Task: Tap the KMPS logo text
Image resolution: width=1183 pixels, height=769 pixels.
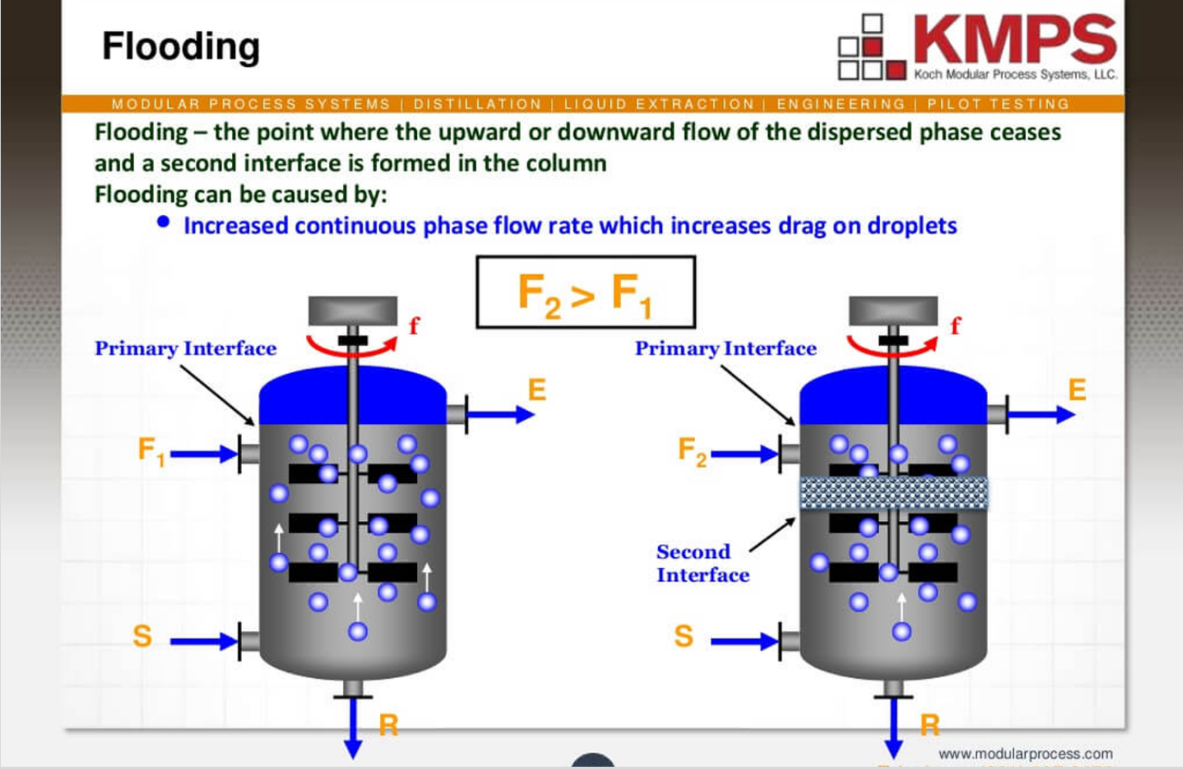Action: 1015,39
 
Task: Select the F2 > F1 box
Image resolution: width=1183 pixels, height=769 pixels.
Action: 586,292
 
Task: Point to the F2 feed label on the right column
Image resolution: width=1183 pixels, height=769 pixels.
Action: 692,452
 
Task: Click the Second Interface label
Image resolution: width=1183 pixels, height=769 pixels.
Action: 702,563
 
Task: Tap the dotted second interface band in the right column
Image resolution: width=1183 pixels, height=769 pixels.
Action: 893,493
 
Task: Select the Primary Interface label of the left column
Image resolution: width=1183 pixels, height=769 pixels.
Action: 186,348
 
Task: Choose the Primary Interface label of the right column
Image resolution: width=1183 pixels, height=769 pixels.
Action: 726,348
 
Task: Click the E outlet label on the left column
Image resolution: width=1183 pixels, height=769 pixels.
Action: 536,390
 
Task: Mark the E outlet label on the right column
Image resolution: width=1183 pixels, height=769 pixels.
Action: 1077,390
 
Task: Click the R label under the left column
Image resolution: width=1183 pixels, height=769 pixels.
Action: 388,724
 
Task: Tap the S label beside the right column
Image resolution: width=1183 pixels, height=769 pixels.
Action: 684,636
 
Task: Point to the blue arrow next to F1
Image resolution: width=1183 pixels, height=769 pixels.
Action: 204,454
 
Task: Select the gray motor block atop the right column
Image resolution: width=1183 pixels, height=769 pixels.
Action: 893,311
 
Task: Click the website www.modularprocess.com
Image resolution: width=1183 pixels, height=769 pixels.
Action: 1025,754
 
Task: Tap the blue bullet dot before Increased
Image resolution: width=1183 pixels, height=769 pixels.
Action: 163,222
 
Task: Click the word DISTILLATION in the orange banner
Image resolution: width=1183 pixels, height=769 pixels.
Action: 477,104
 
